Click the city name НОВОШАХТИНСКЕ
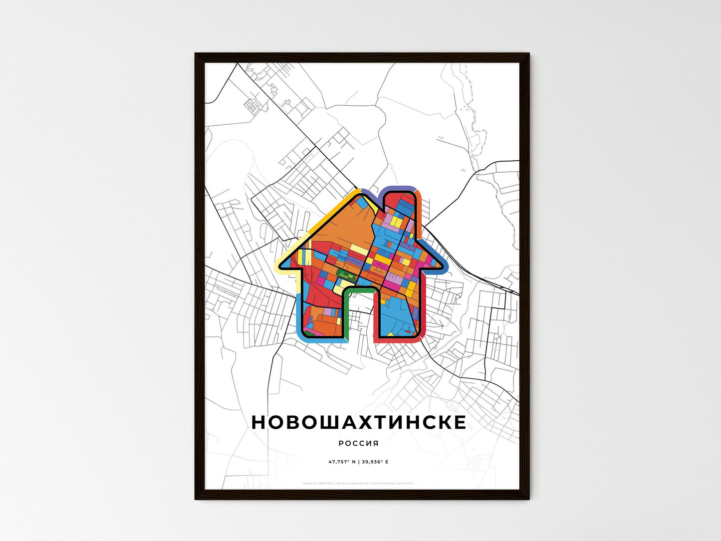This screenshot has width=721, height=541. pos(359,422)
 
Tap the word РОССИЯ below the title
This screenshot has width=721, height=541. pos(358,443)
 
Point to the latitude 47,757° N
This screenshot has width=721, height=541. pos(342,462)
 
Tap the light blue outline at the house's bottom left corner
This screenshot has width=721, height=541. pos(300,329)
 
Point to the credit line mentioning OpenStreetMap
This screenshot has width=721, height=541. pos(358,483)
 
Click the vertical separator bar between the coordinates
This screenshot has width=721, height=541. pos(358,462)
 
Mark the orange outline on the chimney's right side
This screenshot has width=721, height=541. pos(421,210)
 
